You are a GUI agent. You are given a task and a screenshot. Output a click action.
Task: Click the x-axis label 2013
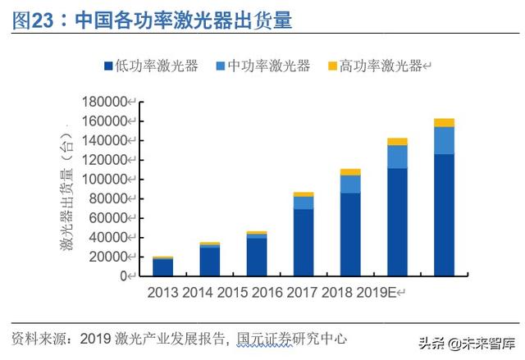[x=162, y=292]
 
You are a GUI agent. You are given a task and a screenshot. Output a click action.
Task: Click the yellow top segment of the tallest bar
[x=444, y=122]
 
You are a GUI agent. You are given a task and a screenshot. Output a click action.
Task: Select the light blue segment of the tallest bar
[x=444, y=140]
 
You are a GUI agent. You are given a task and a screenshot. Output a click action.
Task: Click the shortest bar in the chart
[x=162, y=267]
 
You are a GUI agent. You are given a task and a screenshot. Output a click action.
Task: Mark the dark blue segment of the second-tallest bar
[x=397, y=221]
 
